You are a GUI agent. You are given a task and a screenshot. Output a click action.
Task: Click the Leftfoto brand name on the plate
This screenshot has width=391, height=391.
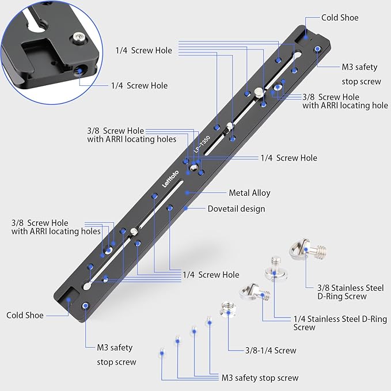pos(170,179)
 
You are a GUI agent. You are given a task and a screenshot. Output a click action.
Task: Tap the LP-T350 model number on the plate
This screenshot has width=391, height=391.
pos(202,144)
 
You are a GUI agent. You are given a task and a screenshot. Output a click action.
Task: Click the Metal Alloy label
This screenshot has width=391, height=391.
pos(249,193)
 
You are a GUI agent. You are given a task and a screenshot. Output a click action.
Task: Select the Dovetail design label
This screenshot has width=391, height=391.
pos(237,208)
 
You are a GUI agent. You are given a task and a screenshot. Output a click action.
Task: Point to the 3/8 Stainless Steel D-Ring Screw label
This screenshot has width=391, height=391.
pos(350,292)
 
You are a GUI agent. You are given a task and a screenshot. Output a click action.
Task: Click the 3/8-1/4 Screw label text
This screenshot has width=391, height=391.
pos(271,350)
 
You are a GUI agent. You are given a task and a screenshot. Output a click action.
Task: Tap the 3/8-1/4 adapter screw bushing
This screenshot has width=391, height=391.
pos(228,309)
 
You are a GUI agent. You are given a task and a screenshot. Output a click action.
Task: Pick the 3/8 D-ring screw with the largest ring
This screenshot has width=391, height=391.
pos(308,250)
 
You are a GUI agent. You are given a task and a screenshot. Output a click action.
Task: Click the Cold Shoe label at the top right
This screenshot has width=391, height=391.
pos(340,18)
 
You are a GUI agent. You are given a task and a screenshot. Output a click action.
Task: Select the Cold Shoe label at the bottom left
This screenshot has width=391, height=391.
pos(25,315)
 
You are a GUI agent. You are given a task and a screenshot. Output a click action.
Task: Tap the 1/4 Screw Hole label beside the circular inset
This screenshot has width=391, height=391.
pos(139,86)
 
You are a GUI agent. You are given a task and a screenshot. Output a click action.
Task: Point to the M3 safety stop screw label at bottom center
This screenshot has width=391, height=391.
pos(260,378)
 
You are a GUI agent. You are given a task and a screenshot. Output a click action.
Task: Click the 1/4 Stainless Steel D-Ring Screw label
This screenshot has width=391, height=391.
pos(340,323)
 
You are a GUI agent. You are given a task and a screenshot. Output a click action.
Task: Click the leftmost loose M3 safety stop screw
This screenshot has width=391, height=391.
pos(162,352)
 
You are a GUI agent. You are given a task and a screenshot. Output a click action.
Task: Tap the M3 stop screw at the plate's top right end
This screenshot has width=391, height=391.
pos(317,49)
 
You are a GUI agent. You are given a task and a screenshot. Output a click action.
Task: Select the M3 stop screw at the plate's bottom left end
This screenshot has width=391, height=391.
pos(86,306)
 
